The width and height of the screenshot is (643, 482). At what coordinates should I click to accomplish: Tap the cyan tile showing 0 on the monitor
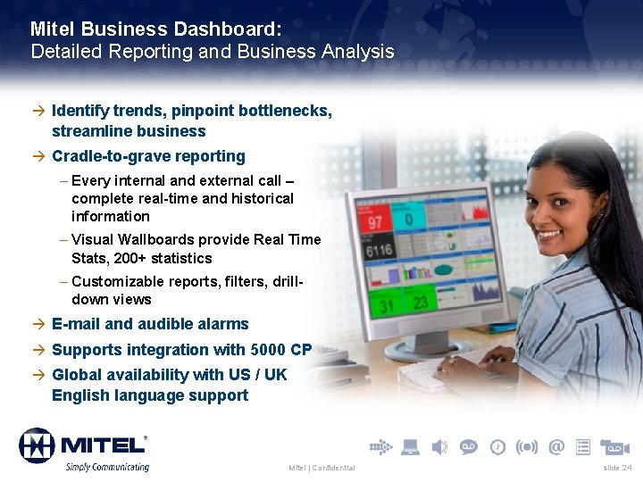(x=409, y=218)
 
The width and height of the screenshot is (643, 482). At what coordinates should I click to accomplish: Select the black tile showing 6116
(x=380, y=251)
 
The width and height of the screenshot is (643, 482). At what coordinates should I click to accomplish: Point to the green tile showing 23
(x=418, y=303)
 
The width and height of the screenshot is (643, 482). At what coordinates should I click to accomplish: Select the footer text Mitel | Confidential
(x=321, y=468)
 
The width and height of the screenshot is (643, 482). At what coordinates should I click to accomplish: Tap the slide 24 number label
(x=617, y=468)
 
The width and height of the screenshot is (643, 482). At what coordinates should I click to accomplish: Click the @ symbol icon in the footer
(x=556, y=446)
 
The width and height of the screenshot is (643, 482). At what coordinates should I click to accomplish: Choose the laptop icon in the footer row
(x=410, y=446)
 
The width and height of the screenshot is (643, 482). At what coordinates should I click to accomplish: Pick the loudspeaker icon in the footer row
(x=439, y=446)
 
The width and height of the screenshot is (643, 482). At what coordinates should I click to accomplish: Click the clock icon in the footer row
(x=497, y=446)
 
